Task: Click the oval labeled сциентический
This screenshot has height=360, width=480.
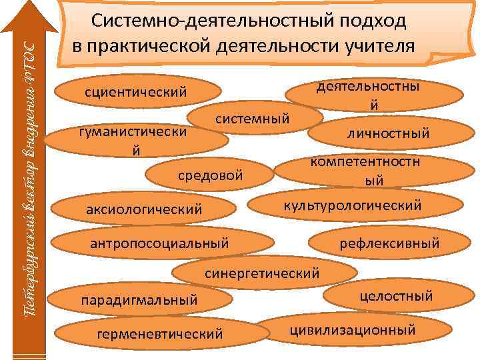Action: pyautogui.click(x=136, y=91)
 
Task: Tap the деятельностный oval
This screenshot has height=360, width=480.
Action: pyautogui.click(x=374, y=96)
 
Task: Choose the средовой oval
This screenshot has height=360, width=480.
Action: pyautogui.click(x=210, y=176)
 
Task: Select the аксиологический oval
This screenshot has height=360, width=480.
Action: pyautogui.click(x=144, y=210)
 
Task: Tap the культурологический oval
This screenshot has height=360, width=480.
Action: pyautogui.click(x=353, y=204)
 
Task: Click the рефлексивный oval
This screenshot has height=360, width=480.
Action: pyautogui.click(x=390, y=243)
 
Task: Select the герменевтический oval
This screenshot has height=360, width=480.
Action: pyautogui.click(x=159, y=333)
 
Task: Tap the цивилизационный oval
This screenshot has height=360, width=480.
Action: pyautogui.click(x=353, y=329)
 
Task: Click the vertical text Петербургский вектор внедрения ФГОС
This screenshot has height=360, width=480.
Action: pyautogui.click(x=27, y=180)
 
